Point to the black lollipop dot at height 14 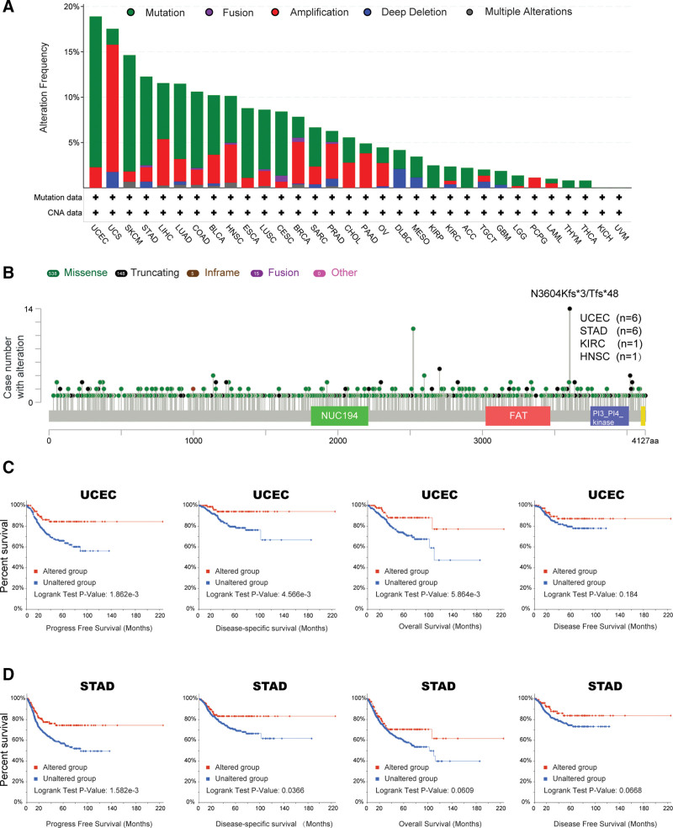coord(570,309)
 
